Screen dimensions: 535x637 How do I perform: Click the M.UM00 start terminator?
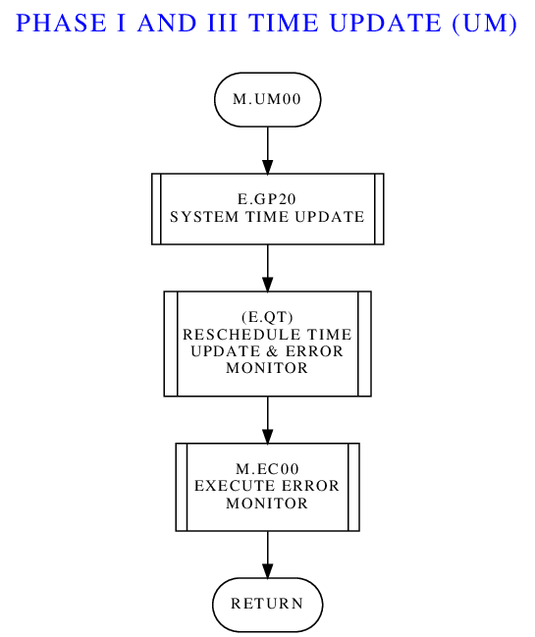coord(267,99)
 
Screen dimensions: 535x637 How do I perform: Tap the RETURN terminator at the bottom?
coord(267,605)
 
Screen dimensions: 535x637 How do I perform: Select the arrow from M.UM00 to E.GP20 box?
coord(267,150)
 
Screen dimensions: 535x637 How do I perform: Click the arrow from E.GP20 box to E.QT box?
coord(267,268)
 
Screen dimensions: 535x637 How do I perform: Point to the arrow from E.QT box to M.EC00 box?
coord(267,420)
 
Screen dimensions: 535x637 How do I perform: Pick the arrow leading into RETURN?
coord(267,555)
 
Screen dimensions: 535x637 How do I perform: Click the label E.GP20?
coord(267,199)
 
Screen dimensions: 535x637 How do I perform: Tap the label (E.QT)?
coord(267,317)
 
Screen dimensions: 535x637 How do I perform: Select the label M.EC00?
coord(267,469)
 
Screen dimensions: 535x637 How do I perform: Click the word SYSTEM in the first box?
coord(204,217)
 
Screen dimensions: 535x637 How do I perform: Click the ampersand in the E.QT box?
coord(273,351)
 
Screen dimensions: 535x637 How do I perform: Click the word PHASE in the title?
coord(61,23)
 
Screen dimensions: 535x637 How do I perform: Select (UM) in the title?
coord(484,23)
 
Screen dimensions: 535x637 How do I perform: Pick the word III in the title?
coord(222,23)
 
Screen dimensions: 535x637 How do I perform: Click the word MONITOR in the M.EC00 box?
coord(267,504)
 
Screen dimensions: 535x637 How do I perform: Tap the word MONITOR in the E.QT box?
coord(267,368)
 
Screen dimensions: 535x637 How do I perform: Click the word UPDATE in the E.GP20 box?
coord(330,217)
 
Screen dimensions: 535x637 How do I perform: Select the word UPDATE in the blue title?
coord(385,23)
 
